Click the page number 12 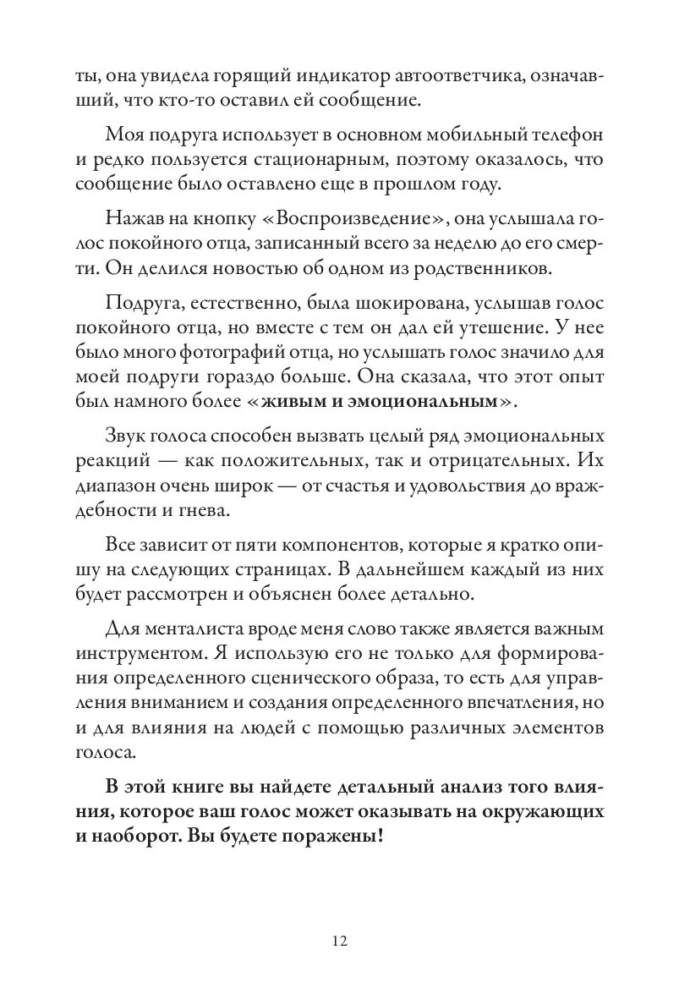(x=339, y=941)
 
